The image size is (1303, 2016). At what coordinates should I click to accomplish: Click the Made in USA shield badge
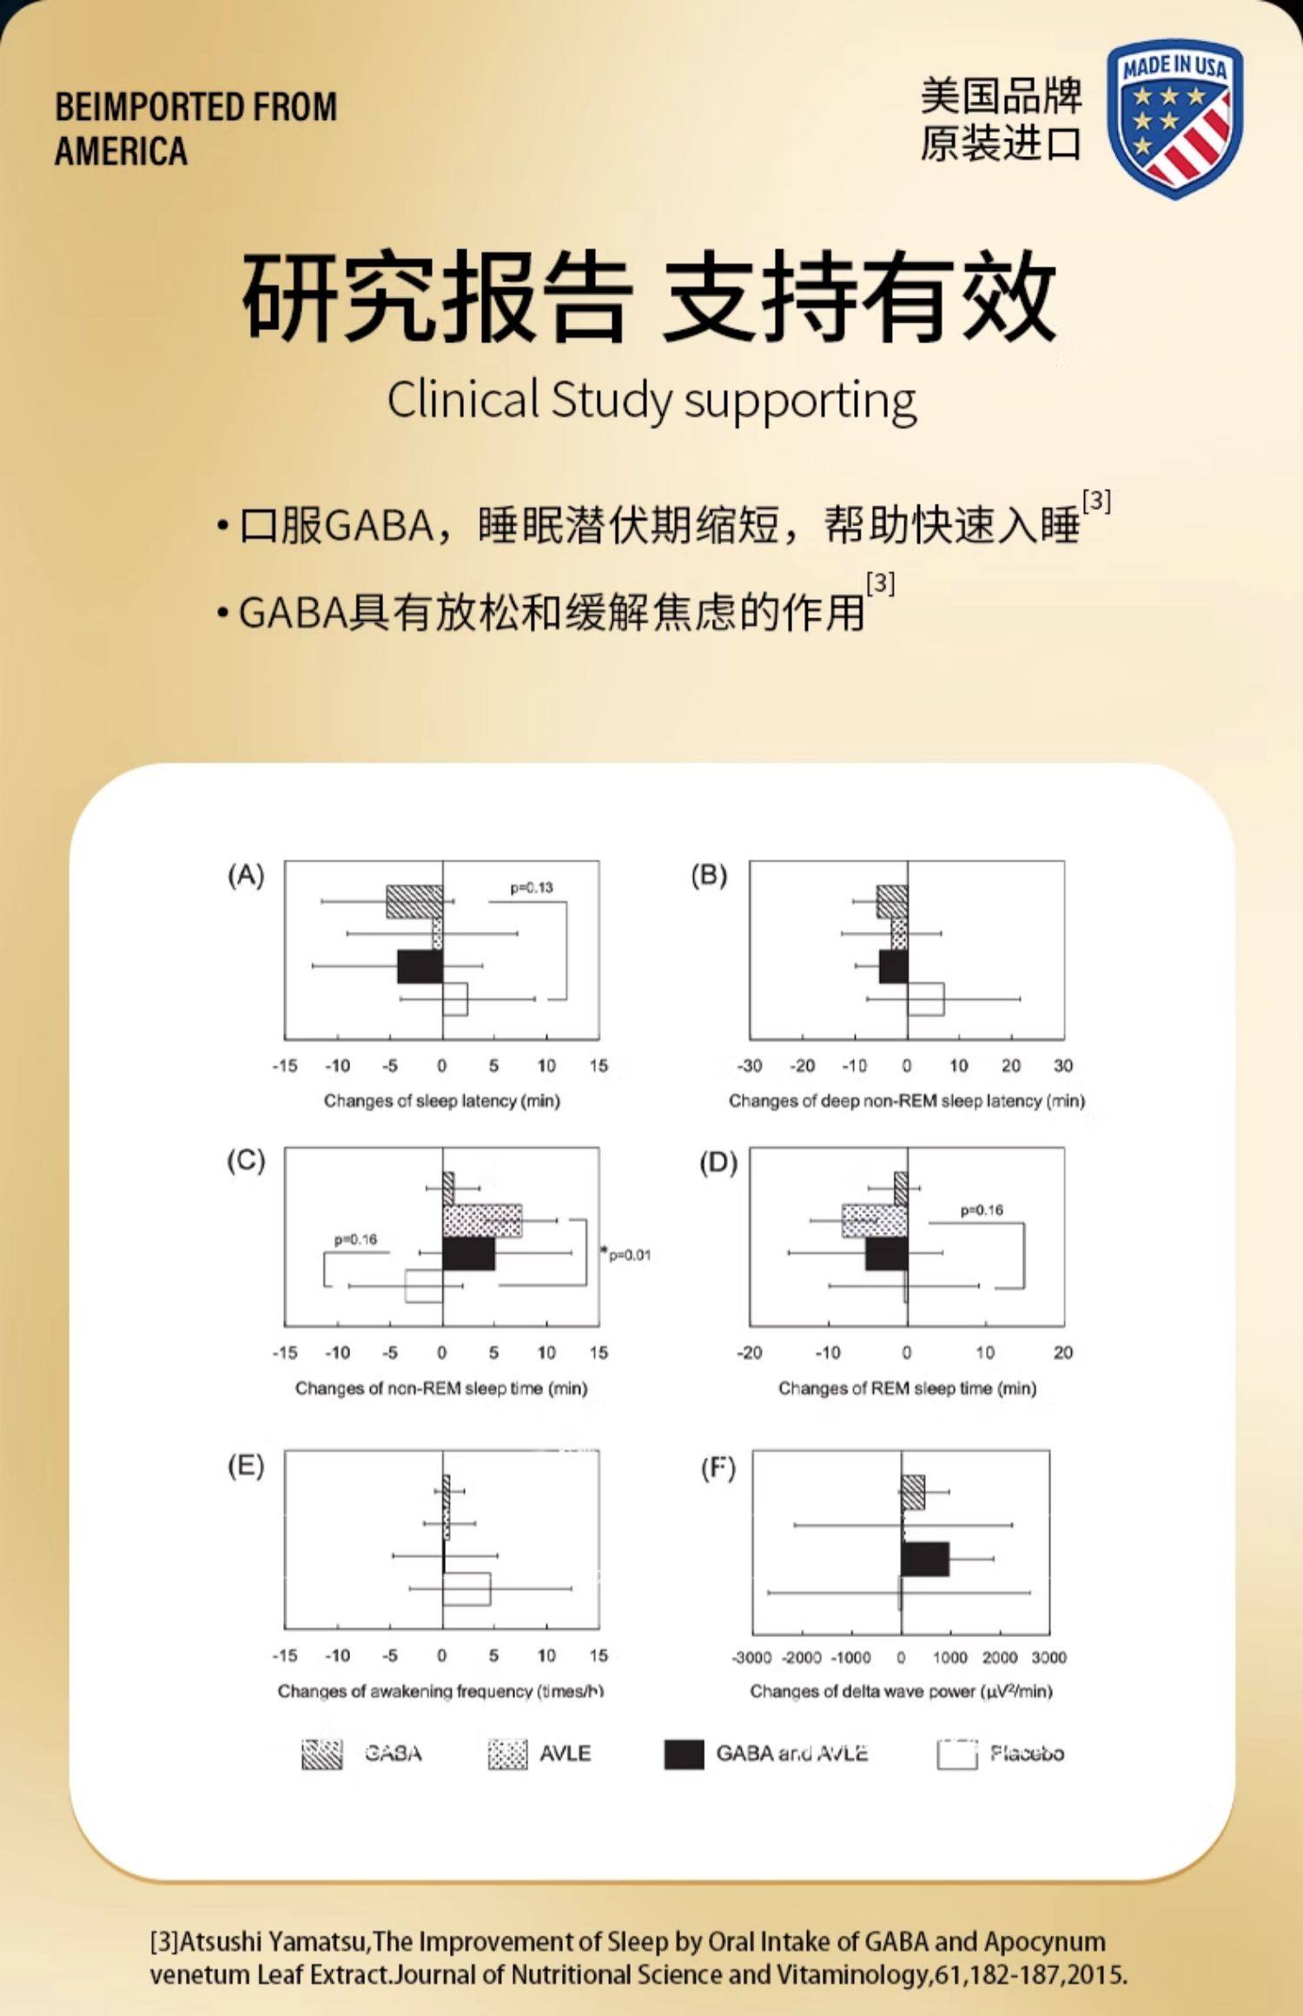click(1174, 118)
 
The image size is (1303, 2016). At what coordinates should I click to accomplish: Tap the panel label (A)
click(246, 875)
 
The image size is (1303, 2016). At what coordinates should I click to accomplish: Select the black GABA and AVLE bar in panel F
click(925, 1558)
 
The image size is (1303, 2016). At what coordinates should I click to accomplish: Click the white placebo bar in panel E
click(466, 1589)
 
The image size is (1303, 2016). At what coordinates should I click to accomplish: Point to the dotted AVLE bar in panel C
click(482, 1221)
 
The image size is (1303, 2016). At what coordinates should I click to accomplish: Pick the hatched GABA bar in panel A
click(414, 901)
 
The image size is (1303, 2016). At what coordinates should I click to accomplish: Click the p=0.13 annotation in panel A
click(531, 887)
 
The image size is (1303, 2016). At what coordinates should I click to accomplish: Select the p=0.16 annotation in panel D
click(982, 1210)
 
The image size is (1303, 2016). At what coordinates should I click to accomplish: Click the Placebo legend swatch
click(956, 1754)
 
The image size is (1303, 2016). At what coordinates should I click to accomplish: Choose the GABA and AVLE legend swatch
click(684, 1754)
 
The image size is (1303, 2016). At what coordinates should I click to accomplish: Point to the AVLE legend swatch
click(507, 1754)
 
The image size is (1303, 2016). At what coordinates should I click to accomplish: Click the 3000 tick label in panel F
click(1048, 1657)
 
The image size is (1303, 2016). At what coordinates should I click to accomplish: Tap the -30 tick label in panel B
click(750, 1065)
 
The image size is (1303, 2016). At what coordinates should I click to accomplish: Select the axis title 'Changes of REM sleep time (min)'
click(907, 1388)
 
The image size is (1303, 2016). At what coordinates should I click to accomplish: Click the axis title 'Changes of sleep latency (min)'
click(441, 1101)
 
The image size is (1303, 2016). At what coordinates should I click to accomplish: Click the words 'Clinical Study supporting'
click(651, 401)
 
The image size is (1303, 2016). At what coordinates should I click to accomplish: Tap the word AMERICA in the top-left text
click(121, 151)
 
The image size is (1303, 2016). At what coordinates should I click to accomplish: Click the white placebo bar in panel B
click(926, 998)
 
